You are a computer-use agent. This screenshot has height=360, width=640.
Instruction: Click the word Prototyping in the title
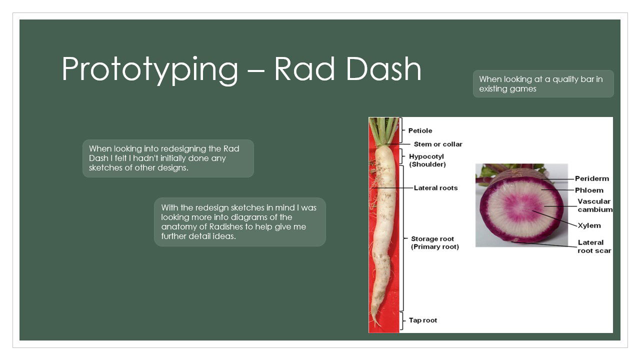click(x=150, y=69)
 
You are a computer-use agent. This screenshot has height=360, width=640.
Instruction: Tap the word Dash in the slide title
click(x=383, y=68)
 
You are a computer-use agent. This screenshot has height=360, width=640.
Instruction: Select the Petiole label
click(x=420, y=130)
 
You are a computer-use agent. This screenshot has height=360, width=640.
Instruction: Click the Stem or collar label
click(x=438, y=144)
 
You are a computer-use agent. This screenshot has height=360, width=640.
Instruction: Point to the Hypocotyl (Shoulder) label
click(x=427, y=160)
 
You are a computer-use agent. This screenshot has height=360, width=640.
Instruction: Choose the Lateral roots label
click(x=435, y=188)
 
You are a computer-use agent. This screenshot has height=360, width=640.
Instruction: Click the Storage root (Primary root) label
click(x=435, y=242)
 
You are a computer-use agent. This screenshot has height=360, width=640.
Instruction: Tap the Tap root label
click(x=423, y=320)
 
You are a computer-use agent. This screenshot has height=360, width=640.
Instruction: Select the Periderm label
click(x=592, y=178)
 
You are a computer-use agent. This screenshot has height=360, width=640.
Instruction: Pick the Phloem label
click(x=589, y=190)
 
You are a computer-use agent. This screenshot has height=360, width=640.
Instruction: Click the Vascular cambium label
click(x=595, y=205)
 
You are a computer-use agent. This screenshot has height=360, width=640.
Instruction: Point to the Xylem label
click(x=589, y=225)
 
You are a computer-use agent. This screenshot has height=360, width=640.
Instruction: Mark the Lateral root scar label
click(x=594, y=246)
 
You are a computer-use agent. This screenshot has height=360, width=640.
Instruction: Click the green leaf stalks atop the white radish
click(x=383, y=131)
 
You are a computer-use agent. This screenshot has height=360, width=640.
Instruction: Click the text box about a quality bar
click(x=543, y=83)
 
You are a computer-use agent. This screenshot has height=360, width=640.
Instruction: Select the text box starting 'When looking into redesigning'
click(x=168, y=158)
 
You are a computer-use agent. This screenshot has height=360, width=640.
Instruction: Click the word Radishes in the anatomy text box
click(x=225, y=227)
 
